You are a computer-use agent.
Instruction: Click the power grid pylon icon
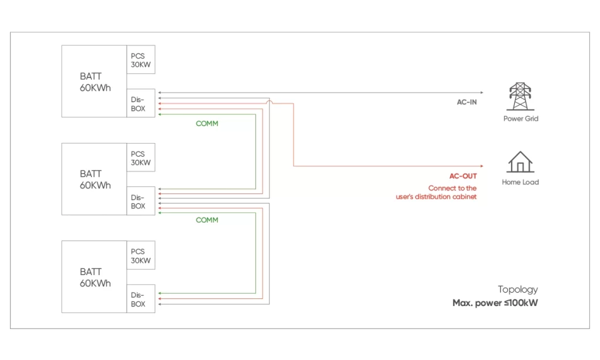tap(520, 97)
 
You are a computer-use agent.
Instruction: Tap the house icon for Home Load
tap(520, 162)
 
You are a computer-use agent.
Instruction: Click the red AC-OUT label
tap(463, 176)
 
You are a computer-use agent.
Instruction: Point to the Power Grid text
tap(520, 118)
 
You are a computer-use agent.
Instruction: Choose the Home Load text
tap(520, 182)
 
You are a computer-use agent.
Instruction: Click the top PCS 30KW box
tap(141, 60)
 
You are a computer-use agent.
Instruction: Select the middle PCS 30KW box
tap(141, 158)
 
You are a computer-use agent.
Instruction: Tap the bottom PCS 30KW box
tap(141, 256)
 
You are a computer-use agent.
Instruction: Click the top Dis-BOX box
tap(141, 104)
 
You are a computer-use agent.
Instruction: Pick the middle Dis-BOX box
tap(141, 201)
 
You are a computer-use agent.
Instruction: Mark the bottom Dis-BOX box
tap(141, 299)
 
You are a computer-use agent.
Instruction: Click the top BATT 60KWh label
tap(95, 82)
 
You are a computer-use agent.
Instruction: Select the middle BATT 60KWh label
tap(95, 179)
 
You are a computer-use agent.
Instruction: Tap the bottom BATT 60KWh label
tap(95, 277)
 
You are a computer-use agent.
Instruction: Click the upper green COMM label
tap(207, 124)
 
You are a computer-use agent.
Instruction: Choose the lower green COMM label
tap(207, 220)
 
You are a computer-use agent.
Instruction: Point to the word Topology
tap(517, 289)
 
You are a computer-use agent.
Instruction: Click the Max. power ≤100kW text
tap(495, 303)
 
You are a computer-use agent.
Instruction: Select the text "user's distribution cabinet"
tap(436, 197)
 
